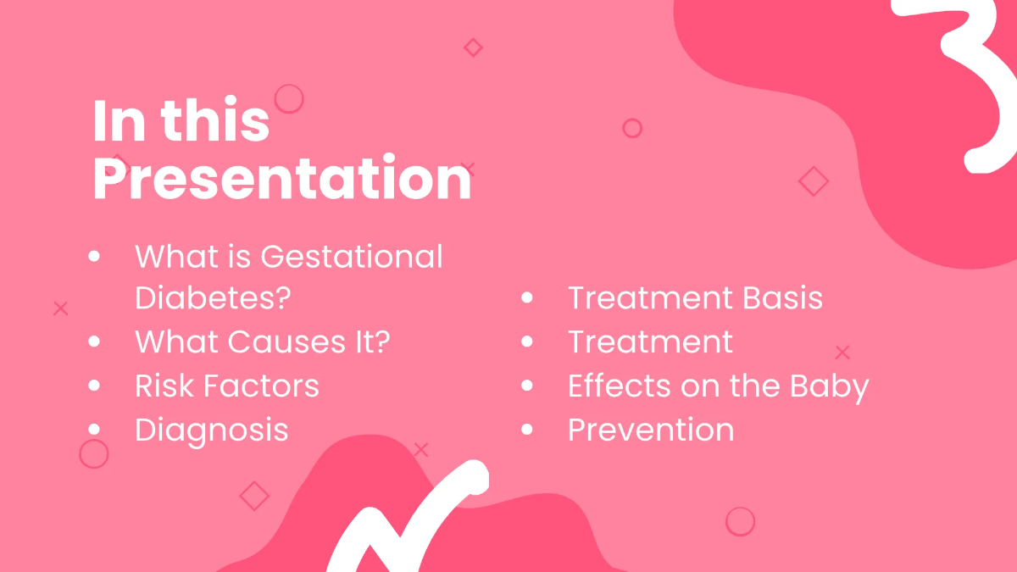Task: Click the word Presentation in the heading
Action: pos(281,180)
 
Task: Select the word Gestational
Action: pos(352,255)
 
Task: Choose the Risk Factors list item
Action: pos(227,386)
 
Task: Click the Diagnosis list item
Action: pos(212,430)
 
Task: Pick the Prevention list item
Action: pos(651,430)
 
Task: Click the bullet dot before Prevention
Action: pos(527,430)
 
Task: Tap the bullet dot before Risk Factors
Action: pos(94,386)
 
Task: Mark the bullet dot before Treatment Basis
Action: pos(527,297)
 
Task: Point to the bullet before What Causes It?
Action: pos(94,342)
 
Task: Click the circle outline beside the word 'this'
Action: pos(289,99)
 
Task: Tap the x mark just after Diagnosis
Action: pos(421,450)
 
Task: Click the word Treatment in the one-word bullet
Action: pos(650,342)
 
